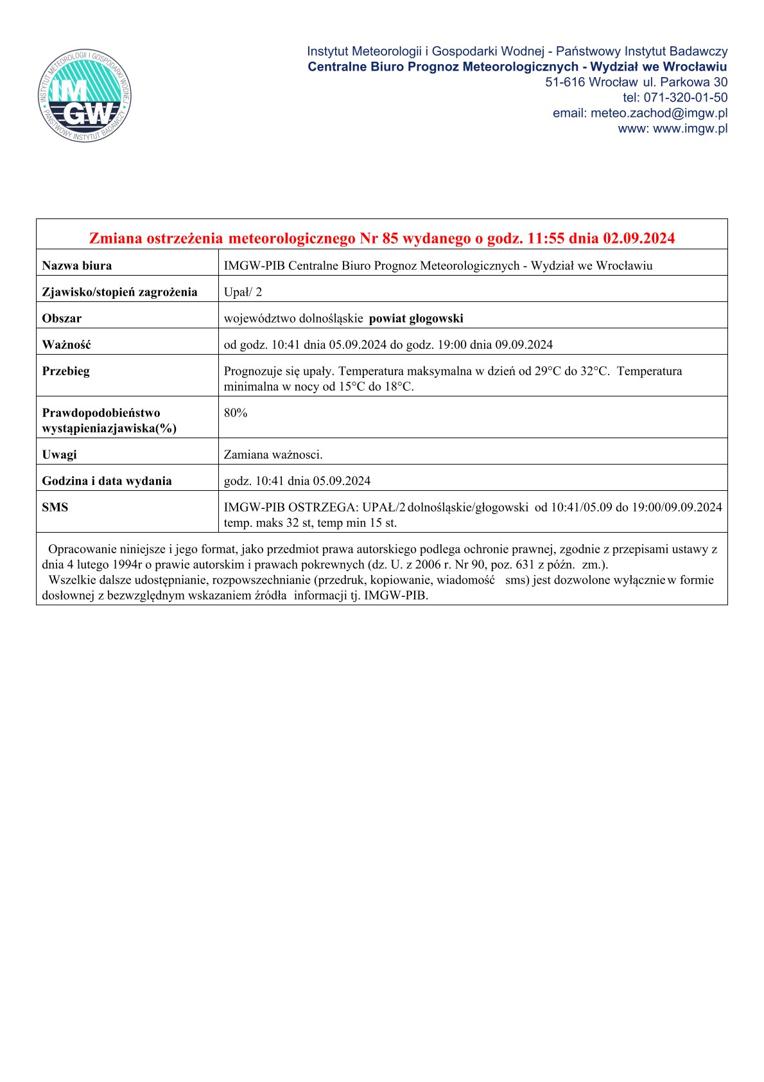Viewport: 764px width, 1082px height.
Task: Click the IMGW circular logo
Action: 85,95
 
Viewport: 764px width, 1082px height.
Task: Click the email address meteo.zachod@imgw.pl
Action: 659,113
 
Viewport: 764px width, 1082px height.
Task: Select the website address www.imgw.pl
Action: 690,129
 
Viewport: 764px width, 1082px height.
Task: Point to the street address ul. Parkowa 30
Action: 685,82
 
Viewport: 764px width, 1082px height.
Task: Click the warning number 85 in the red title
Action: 390,238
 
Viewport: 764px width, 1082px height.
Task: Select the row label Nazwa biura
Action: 76,265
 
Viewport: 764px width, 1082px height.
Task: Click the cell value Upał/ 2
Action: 243,292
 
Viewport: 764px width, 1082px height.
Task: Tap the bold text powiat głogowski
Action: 416,318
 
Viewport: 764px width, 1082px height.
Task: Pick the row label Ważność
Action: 66,344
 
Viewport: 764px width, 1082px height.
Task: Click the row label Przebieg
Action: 65,371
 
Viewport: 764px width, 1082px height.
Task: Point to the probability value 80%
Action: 236,412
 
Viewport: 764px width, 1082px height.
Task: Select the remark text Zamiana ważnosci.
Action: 273,454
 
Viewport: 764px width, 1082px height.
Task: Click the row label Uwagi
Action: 59,454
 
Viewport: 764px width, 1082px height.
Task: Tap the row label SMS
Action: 55,507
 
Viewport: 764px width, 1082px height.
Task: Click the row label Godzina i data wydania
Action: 107,481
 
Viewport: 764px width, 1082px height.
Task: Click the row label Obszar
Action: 62,318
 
